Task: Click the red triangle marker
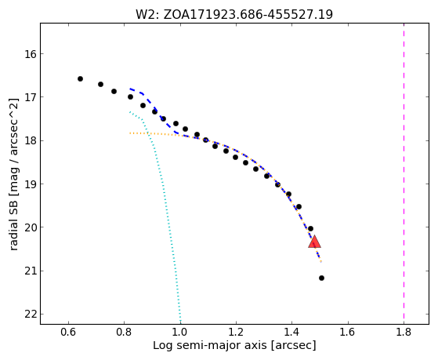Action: (314, 242)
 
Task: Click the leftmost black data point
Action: (80, 79)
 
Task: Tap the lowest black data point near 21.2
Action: (321, 278)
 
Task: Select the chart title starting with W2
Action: (234, 15)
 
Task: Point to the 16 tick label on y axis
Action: (31, 53)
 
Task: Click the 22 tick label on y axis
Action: (31, 315)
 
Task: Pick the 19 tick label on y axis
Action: (31, 184)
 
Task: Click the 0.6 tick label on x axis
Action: (68, 333)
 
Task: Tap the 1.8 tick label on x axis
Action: (404, 333)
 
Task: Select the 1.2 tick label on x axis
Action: (236, 333)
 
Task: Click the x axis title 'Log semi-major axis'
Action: (209, 346)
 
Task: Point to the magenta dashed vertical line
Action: (404, 173)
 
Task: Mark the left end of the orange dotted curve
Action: (130, 133)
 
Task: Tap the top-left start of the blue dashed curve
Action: (130, 89)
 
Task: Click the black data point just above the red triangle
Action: (310, 228)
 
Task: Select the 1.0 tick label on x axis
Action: (180, 333)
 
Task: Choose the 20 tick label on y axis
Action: (31, 227)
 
